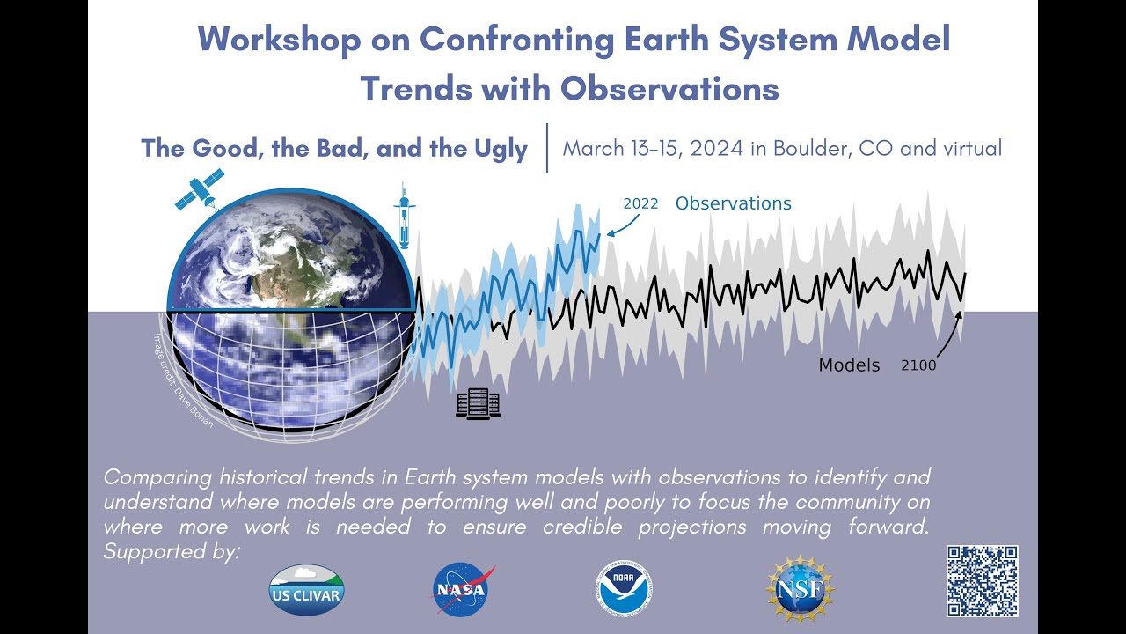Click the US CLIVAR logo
tap(306, 589)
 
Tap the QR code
tap(982, 580)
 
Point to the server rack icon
tap(478, 404)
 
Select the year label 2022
tap(640, 204)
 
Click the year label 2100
tap(918, 365)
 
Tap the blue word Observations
tap(733, 203)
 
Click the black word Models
tap(849, 365)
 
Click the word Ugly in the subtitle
tap(494, 148)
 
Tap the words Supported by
tap(171, 552)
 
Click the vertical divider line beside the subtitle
tap(547, 147)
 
